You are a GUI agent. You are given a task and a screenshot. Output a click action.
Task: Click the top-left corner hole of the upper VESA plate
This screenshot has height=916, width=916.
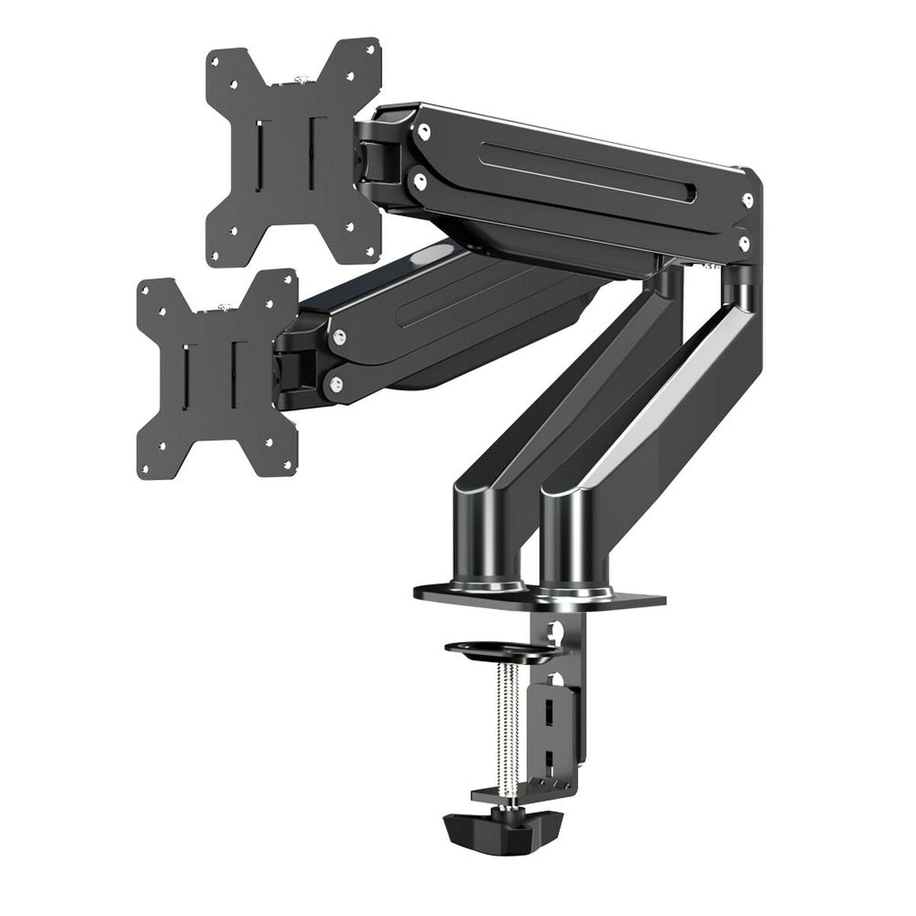pos(218,59)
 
